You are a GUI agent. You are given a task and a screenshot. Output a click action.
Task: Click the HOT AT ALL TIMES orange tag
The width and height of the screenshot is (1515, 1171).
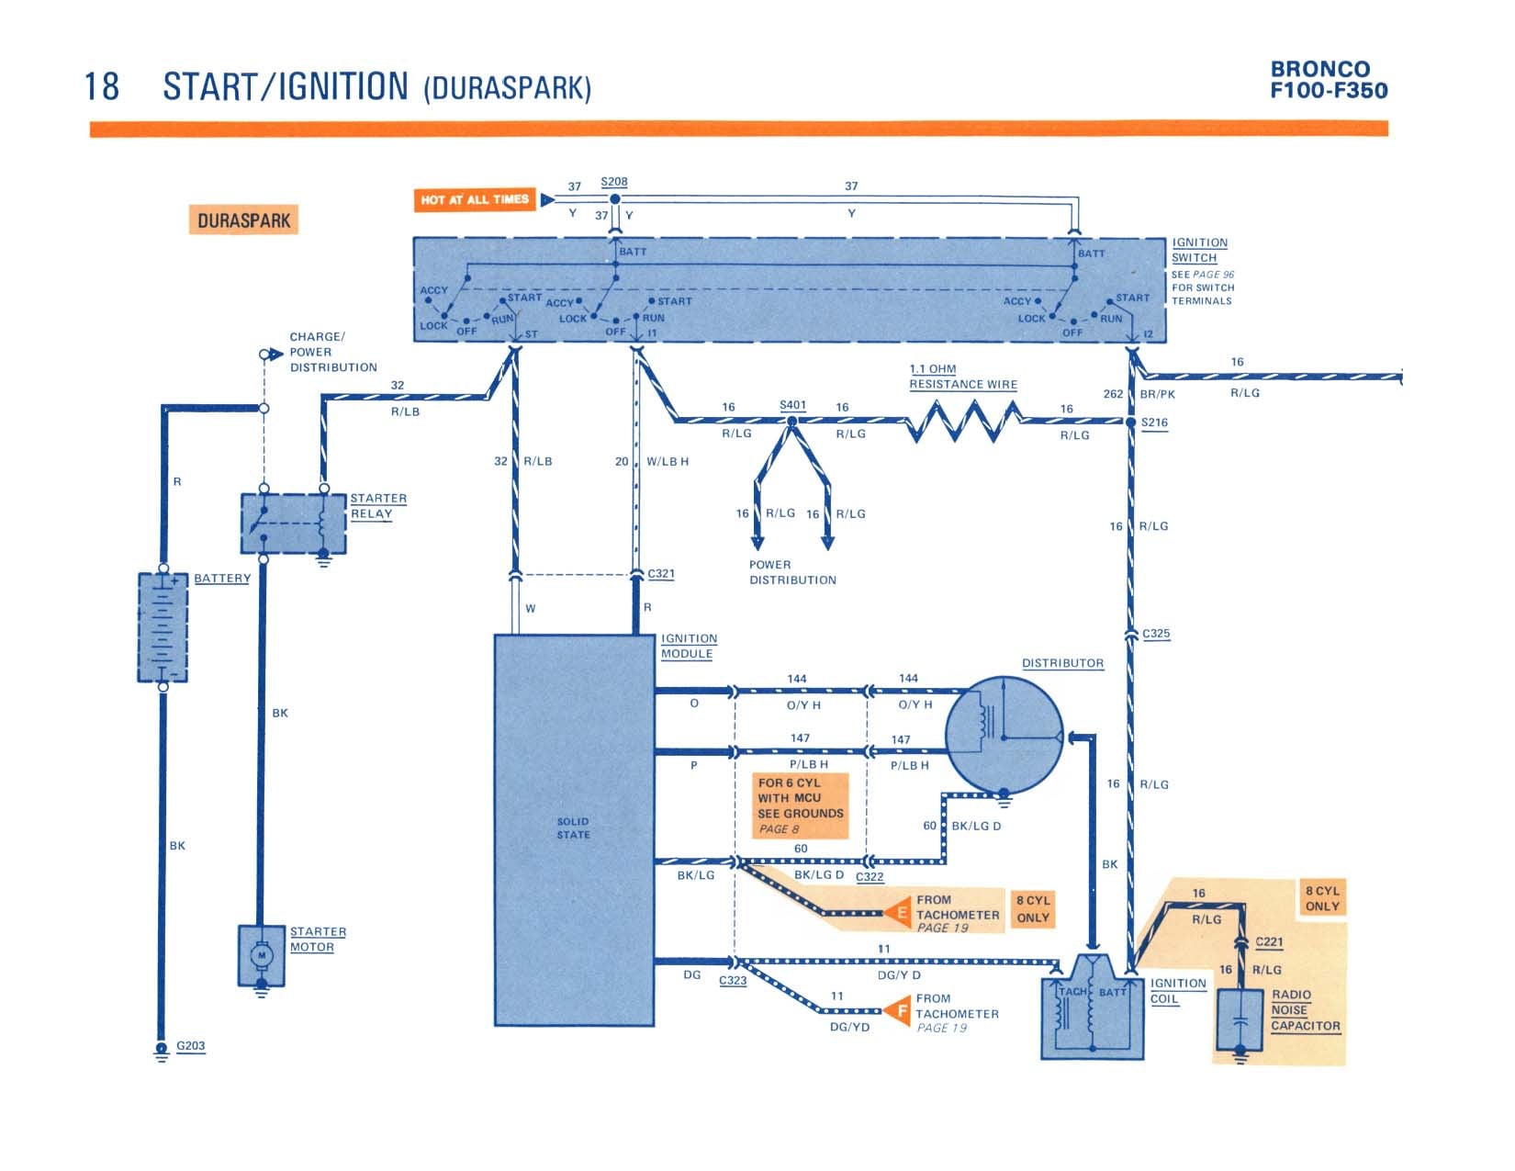pos(475,200)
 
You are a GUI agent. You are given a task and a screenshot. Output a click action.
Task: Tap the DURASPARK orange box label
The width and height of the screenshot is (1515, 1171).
pos(243,220)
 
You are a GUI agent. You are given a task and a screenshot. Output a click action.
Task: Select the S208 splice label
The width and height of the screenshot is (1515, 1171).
pos(613,182)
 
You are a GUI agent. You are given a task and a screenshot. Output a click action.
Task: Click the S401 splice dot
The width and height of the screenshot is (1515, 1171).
pos(791,422)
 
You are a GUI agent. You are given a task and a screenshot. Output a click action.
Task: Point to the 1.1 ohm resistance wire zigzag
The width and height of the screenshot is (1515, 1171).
pos(962,421)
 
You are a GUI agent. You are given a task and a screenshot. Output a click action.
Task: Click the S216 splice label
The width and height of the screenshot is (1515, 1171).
pos(1154,422)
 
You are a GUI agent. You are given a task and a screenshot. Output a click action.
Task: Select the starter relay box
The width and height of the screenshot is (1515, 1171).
pos(294,524)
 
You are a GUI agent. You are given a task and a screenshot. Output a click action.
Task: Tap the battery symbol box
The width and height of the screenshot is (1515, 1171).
pos(163,627)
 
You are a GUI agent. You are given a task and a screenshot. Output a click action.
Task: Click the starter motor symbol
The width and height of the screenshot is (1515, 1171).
pos(262,955)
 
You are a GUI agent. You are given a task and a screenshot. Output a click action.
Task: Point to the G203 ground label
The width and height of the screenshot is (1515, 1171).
pos(190,1045)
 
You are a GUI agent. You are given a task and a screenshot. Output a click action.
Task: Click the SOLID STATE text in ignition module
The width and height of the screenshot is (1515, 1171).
pos(573,828)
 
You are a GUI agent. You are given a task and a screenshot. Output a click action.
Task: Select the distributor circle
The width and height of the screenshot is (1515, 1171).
pos(1004,735)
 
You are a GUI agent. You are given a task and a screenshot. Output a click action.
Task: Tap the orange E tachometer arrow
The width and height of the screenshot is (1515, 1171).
pos(898,912)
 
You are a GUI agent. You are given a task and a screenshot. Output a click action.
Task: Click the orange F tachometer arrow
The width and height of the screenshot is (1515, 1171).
pos(898,1010)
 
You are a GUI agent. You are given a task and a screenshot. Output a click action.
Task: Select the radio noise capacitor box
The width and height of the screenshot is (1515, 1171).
pos(1240,1019)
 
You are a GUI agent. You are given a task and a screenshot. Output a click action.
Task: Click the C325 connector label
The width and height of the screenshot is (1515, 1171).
pos(1156,634)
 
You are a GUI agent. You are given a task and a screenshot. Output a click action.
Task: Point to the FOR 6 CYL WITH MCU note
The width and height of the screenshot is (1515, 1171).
pos(801,805)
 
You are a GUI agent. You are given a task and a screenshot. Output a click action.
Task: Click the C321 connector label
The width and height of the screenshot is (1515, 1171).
pos(661,573)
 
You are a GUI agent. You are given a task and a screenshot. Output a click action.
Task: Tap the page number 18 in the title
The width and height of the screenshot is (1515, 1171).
pos(102,86)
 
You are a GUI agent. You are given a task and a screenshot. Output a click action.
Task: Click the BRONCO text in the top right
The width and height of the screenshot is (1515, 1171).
pos(1319,69)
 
